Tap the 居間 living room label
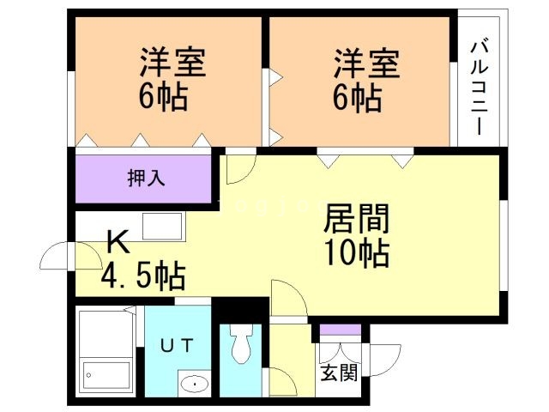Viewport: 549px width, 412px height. (x=356, y=220)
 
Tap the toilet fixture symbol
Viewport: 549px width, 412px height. (x=239, y=346)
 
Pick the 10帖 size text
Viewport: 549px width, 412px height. (x=356, y=253)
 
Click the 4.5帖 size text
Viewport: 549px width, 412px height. (x=143, y=277)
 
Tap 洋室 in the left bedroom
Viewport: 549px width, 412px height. (x=174, y=65)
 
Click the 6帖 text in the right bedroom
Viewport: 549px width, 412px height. (x=358, y=98)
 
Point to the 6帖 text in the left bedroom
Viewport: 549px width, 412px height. (x=164, y=98)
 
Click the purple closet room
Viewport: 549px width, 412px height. (x=143, y=179)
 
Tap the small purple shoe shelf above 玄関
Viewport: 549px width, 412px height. (x=341, y=330)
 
